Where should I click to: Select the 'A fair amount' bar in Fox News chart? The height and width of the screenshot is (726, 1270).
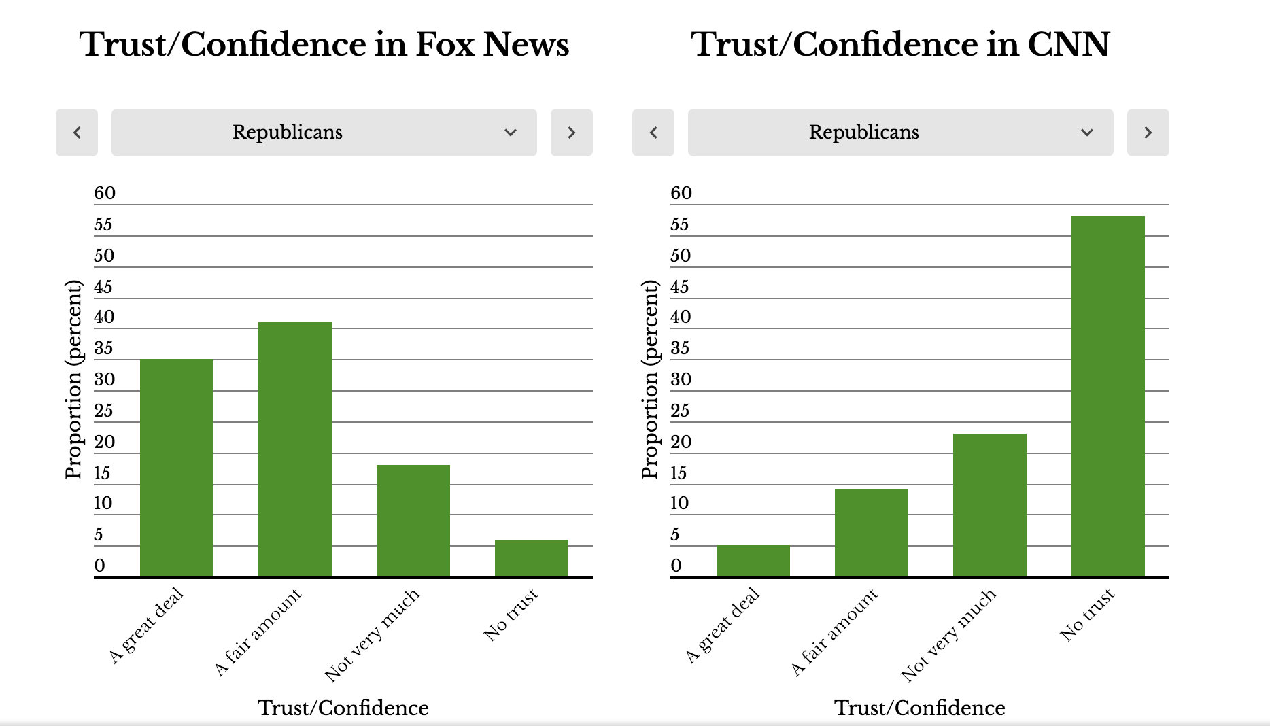295,449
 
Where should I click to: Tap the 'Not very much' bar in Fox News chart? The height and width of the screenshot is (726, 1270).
413,521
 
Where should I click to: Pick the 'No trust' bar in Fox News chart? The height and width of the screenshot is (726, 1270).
532,558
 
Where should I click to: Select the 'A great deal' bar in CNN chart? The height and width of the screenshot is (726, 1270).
753,561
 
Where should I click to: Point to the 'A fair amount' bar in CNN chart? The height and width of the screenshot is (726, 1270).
872,533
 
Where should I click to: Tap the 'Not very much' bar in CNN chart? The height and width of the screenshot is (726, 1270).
990,505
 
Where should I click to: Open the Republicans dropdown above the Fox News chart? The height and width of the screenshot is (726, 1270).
324,133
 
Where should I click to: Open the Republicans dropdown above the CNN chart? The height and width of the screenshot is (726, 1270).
900,133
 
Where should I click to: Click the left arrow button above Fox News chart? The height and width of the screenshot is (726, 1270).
77,133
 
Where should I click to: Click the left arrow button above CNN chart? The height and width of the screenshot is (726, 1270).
653,133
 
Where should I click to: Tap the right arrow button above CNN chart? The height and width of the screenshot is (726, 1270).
1148,133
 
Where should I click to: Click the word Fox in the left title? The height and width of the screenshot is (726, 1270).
445,45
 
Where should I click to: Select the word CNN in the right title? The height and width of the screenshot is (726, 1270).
1068,45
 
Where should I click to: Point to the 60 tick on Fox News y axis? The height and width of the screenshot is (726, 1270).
105,193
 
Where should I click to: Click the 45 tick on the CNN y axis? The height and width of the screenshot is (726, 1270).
680,287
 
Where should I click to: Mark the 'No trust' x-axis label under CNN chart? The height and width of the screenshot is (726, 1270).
1087,615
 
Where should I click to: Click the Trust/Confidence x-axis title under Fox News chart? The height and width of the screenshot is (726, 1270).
343,708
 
